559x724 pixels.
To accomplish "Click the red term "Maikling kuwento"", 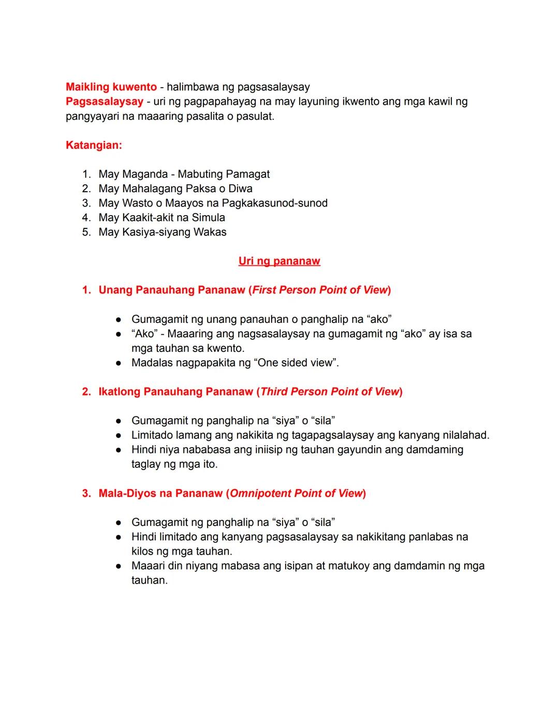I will click(x=111, y=87).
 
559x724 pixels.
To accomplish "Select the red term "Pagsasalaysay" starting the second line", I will click(x=104, y=102).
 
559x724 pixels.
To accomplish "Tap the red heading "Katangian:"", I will click(x=94, y=145).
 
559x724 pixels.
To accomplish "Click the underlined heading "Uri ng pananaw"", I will click(x=279, y=261).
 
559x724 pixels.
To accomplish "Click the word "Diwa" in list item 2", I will click(x=240, y=189).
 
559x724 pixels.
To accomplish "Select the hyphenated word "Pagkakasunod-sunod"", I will click(x=274, y=203).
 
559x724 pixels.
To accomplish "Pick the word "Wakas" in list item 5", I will click(x=210, y=232).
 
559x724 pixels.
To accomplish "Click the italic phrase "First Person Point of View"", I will click(x=320, y=290).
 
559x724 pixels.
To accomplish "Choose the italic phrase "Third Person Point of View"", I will click(x=330, y=392).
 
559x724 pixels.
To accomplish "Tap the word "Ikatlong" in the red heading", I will click(x=119, y=392).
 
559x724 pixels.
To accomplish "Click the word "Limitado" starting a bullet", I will click(x=152, y=435).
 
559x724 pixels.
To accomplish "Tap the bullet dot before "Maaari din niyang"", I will click(x=119, y=566).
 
